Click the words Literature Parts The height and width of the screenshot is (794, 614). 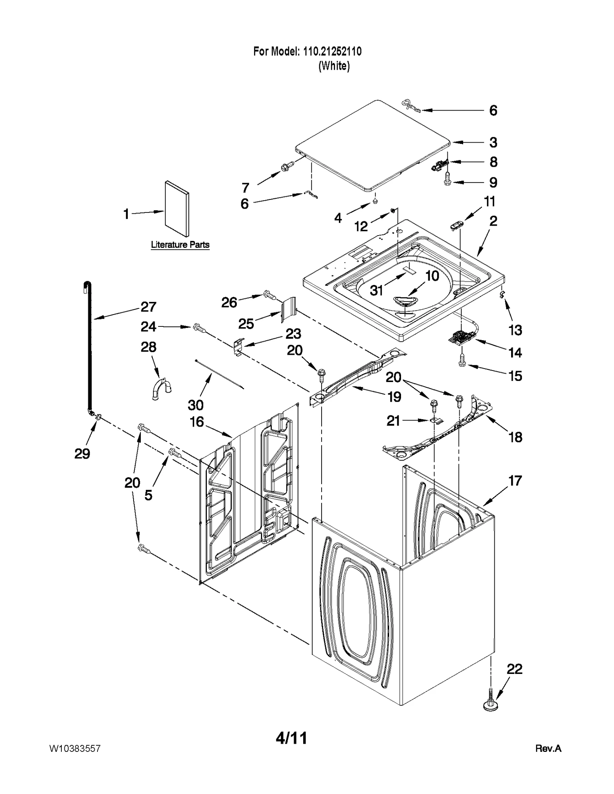pyautogui.click(x=180, y=244)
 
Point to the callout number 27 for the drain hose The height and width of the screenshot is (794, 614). pyautogui.click(x=148, y=306)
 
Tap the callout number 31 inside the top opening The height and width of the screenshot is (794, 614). pyautogui.click(x=376, y=290)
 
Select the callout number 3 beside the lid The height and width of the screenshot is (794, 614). pyautogui.click(x=494, y=142)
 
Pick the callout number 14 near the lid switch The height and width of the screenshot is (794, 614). pyautogui.click(x=515, y=352)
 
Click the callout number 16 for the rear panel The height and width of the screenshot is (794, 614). pyautogui.click(x=197, y=422)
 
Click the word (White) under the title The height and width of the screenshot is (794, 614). pyautogui.click(x=334, y=66)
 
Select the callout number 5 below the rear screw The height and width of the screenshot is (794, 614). pyautogui.click(x=149, y=495)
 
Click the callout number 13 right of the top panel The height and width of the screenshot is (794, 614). pyautogui.click(x=515, y=330)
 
